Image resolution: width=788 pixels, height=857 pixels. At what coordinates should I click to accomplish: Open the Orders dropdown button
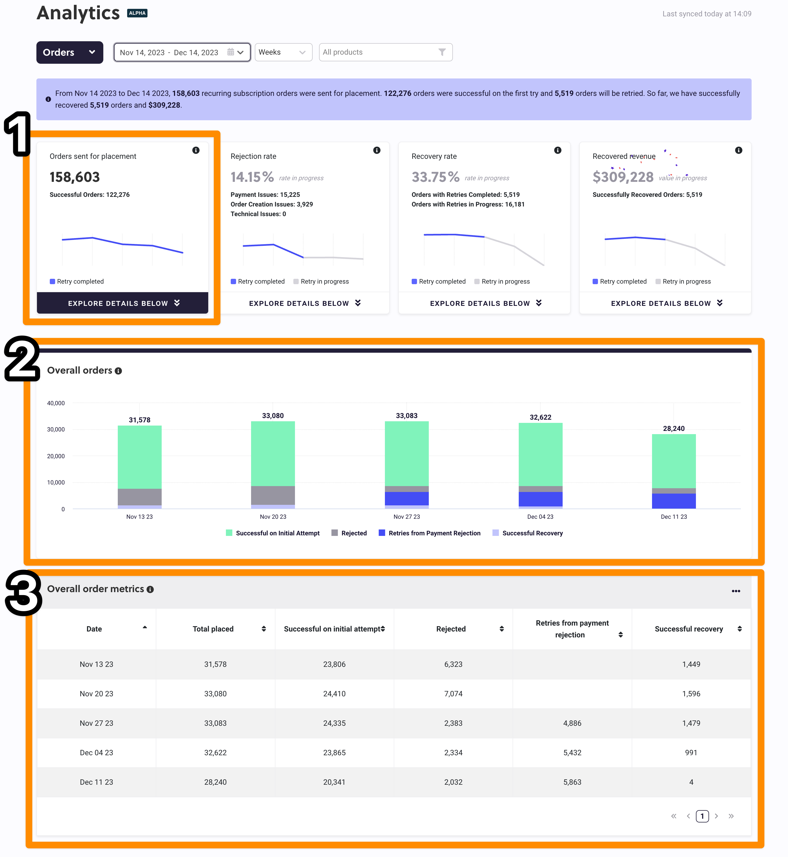pos(70,52)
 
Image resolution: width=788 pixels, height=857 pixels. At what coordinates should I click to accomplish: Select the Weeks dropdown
pos(283,52)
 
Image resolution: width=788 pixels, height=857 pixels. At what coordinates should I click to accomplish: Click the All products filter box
pos(385,52)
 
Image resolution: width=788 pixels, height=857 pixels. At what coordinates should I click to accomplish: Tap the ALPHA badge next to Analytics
pos(137,13)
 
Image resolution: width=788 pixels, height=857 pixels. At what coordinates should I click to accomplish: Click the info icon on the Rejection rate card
pos(377,150)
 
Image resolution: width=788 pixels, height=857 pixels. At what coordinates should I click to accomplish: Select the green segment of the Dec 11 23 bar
pos(674,461)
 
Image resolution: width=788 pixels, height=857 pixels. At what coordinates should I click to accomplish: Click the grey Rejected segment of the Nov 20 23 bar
pos(273,495)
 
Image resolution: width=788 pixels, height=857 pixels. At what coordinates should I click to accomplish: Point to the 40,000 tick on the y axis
pos(56,403)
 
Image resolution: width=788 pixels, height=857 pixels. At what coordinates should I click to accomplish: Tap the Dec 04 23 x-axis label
pos(540,517)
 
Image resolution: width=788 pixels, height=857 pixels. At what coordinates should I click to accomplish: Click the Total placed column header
pos(213,629)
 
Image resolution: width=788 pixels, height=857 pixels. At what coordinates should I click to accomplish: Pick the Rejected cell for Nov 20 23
pos(453,694)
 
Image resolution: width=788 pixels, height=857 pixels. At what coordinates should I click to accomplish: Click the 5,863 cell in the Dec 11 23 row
pos(572,782)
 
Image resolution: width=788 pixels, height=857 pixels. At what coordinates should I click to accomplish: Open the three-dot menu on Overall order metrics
pos(736,591)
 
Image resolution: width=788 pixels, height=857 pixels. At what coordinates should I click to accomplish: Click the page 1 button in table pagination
pos(702,816)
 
